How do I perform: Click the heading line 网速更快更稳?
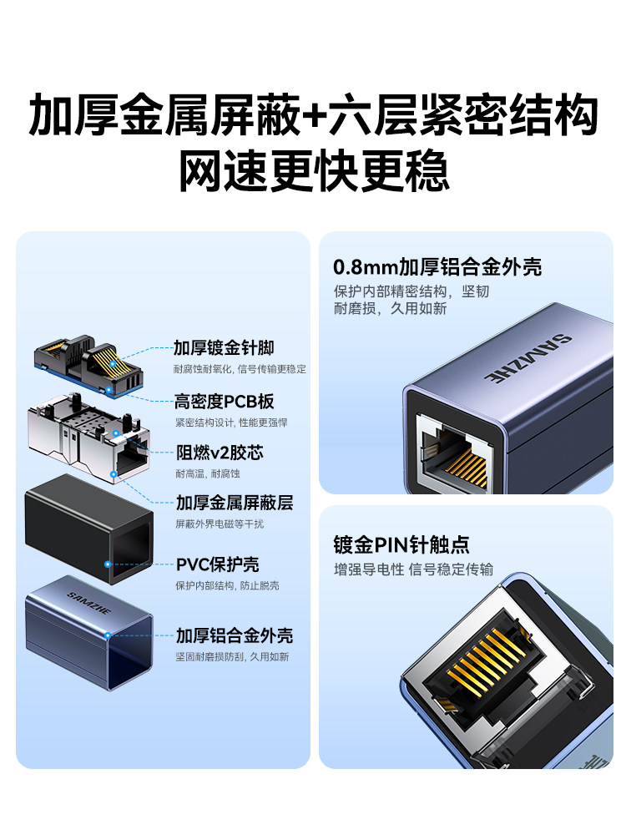click(314, 170)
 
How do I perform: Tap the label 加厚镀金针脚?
click(224, 347)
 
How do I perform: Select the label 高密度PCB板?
click(224, 402)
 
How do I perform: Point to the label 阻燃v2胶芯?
click(220, 453)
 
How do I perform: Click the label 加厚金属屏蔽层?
click(235, 503)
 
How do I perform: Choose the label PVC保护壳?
click(217, 564)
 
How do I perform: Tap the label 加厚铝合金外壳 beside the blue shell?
click(235, 635)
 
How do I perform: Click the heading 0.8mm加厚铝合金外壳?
click(437, 267)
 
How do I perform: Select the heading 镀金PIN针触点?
click(401, 544)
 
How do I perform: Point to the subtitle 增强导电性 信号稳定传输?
click(413, 569)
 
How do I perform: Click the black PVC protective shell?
click(89, 529)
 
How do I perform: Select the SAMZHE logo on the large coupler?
click(527, 359)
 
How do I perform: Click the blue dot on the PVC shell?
click(108, 564)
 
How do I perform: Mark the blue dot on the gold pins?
click(113, 365)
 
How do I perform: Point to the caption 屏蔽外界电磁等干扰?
click(220, 524)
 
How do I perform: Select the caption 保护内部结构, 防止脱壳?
click(227, 586)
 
